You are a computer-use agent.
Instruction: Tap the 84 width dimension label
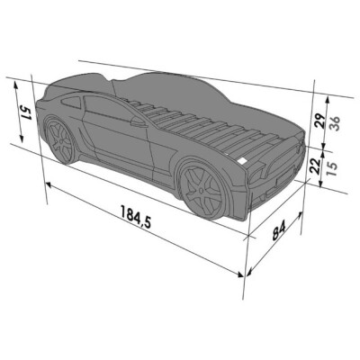point(280,230)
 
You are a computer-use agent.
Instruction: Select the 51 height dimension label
point(26,113)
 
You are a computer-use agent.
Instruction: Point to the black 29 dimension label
point(320,121)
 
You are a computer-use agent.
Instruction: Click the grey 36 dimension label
point(335,122)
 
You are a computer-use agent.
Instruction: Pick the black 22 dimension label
point(315,166)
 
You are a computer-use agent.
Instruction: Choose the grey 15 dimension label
point(332,169)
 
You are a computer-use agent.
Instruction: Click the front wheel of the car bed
point(202,190)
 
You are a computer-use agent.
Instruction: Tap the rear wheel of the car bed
point(60,140)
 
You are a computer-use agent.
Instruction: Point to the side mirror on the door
point(139,122)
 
